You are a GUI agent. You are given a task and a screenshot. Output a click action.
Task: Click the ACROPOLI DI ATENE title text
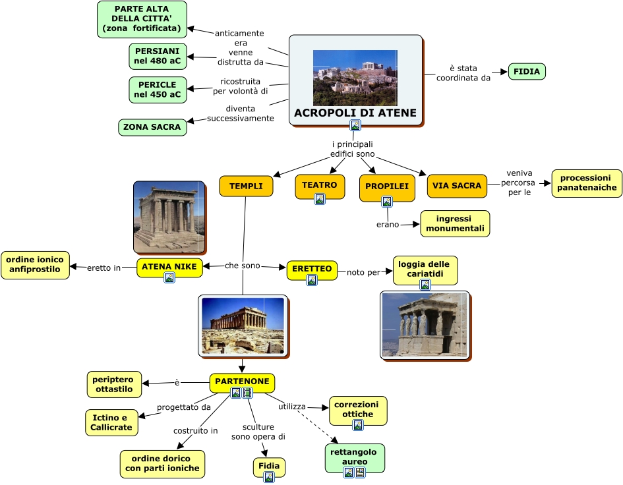pyautogui.click(x=355, y=113)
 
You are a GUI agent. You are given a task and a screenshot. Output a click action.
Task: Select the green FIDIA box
pyautogui.click(x=527, y=71)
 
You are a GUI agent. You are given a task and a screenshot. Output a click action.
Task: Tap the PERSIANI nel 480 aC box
pyautogui.click(x=158, y=56)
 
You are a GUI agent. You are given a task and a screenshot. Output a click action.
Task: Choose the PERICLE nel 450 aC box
pyautogui.click(x=158, y=90)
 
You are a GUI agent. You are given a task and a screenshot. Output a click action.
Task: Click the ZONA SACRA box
pyautogui.click(x=152, y=127)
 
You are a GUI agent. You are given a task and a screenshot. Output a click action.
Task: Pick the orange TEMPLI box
pyautogui.click(x=246, y=186)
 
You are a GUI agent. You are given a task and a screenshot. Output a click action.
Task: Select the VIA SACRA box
pyautogui.click(x=457, y=186)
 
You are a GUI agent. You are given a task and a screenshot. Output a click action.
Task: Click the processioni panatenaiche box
pyautogui.click(x=587, y=183)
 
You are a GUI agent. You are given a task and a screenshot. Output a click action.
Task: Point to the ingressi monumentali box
pyautogui.click(x=455, y=223)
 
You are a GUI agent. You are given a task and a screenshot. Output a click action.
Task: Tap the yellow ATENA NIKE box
pyautogui.click(x=169, y=266)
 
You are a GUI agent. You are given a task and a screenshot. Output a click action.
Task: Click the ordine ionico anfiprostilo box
pyautogui.click(x=35, y=264)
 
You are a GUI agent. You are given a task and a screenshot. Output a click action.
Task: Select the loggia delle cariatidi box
pyautogui.click(x=425, y=269)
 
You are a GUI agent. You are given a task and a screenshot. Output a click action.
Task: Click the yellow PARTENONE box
pyautogui.click(x=242, y=382)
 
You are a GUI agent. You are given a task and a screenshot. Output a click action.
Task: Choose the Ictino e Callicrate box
pyautogui.click(x=111, y=422)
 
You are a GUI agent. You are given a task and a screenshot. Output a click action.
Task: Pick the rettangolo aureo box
pyautogui.click(x=355, y=457)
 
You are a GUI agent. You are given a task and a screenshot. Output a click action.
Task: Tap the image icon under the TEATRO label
pyautogui.click(x=320, y=199)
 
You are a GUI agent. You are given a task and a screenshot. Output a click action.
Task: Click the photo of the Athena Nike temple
pyautogui.click(x=169, y=217)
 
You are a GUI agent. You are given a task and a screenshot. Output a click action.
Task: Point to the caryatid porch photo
pyautogui.click(x=425, y=325)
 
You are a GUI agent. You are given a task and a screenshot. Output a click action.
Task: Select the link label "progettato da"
pyautogui.click(x=184, y=407)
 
